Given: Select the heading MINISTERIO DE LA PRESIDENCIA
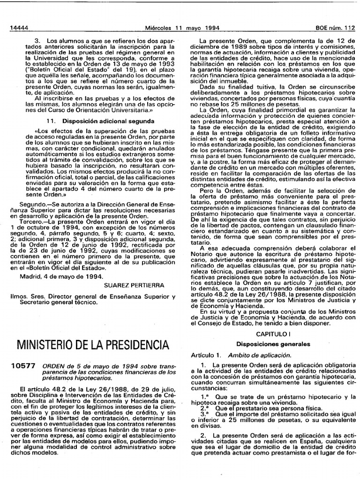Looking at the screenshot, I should click(93, 345).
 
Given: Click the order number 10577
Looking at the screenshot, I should click(22, 367).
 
